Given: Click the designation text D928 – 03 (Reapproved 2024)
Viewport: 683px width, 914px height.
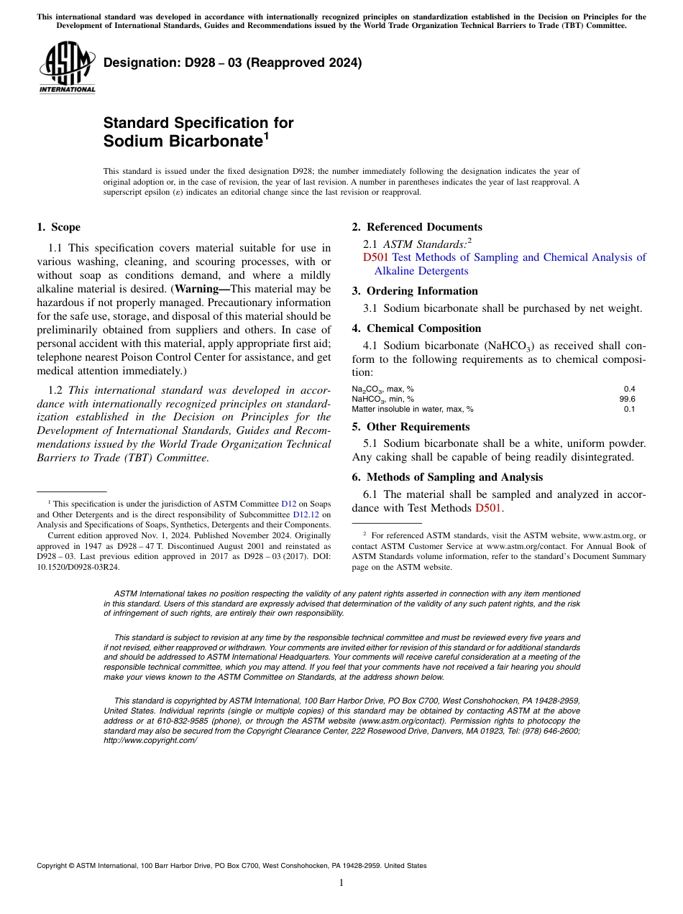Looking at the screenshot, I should click(232, 63).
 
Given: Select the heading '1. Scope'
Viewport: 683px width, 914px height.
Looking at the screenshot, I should click(58, 227).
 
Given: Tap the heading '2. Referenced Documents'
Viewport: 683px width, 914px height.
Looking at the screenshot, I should click(417, 227).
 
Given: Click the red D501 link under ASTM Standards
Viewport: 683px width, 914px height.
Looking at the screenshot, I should click(375, 257).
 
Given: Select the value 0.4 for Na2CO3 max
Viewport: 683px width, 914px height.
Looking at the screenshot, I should click(629, 389).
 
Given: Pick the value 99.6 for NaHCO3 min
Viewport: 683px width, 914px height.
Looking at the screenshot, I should click(627, 399).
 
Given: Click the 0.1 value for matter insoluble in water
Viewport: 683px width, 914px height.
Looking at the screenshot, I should click(629, 409).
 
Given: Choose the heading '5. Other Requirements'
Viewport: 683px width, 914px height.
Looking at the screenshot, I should click(411, 427).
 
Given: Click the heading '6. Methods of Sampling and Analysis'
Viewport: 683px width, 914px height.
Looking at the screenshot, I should click(447, 477).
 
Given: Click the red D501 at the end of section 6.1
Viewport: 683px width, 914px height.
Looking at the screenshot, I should click(488, 509).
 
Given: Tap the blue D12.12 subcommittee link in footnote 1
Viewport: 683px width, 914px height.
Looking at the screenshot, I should click(306, 514).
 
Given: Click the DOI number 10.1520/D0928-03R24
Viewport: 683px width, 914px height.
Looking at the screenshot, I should click(78, 566).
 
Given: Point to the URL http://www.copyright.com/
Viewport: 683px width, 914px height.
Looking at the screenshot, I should click(150, 740).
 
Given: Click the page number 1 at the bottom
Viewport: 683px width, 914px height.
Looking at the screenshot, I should click(341, 883).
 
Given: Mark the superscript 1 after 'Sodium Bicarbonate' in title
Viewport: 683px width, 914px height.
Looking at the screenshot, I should click(266, 135).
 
